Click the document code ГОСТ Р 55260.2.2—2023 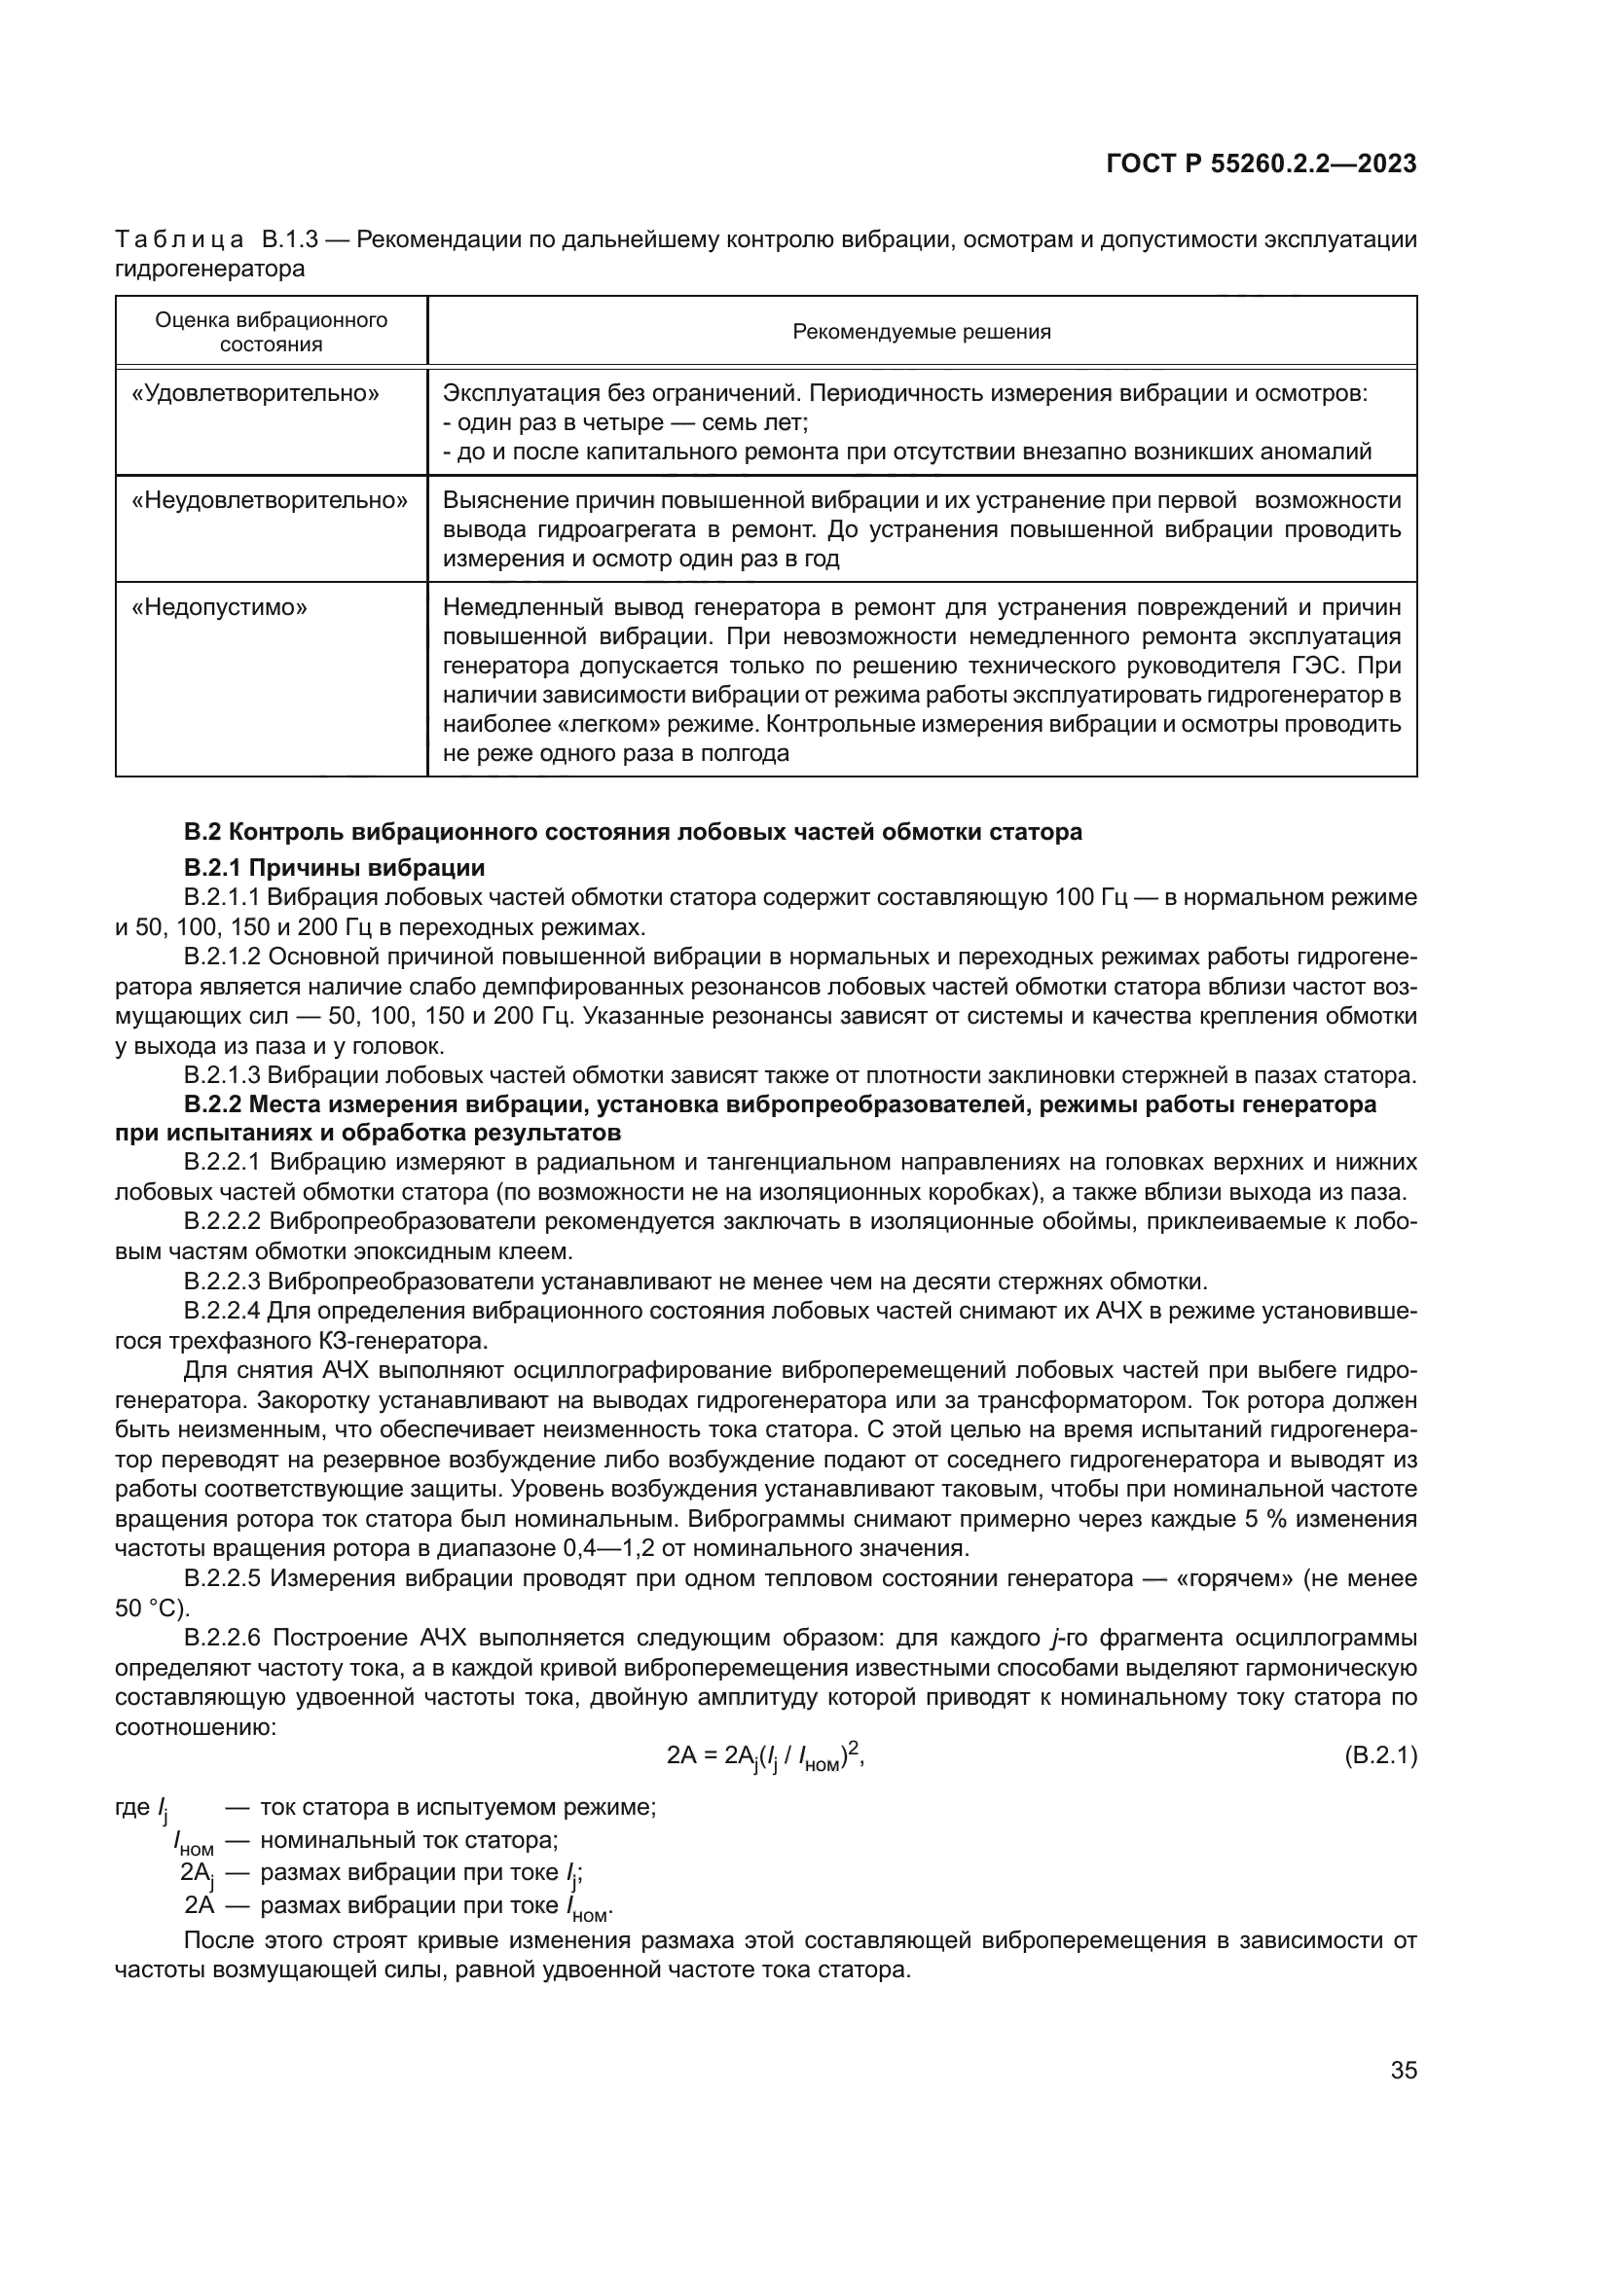[x=1260, y=164]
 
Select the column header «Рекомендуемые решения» [x=921, y=332]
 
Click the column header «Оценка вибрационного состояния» [x=271, y=332]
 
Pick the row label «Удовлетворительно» [x=256, y=393]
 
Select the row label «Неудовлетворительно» [x=270, y=500]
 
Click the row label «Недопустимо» [x=219, y=606]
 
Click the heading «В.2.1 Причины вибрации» [x=334, y=868]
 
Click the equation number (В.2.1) [x=1380, y=1784]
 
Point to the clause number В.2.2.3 [x=223, y=1282]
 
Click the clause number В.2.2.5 [x=223, y=1578]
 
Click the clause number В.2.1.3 [x=223, y=1075]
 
